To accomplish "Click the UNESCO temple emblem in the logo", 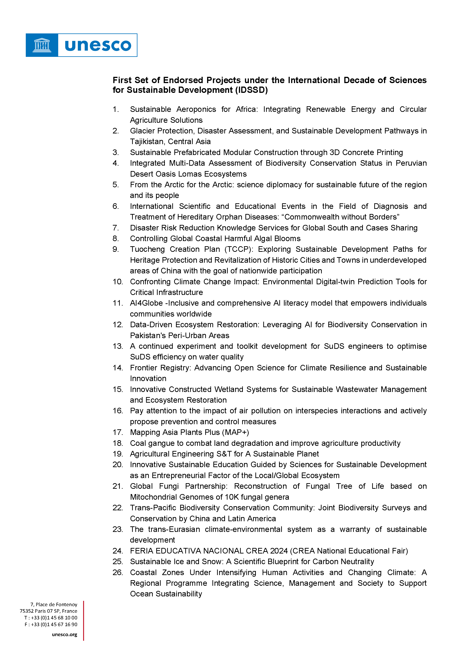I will click(42, 45).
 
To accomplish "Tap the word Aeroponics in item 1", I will click(196, 109).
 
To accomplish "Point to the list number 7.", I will click(116, 228).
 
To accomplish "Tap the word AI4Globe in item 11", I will click(146, 303).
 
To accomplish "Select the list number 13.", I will click(118, 346).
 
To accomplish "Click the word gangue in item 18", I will click(161, 443).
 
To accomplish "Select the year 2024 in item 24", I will click(279, 551).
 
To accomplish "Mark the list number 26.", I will click(118, 573).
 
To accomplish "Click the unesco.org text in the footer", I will click(64, 634).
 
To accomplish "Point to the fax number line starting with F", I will click(51, 624).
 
